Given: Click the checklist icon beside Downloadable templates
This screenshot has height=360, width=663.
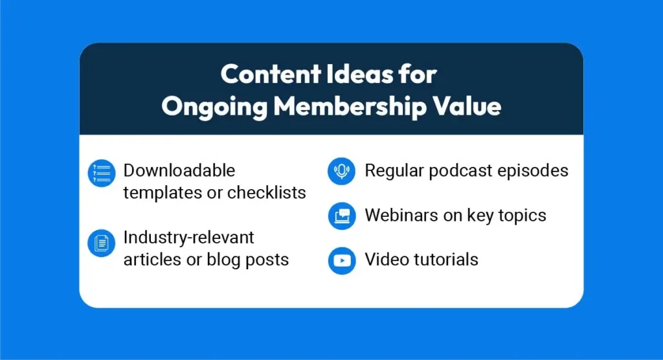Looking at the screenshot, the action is pos(102,173).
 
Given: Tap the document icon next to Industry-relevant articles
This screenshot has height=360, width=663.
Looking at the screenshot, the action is pos(102,243).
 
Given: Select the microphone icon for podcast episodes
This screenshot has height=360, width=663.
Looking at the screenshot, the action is pos(342,172).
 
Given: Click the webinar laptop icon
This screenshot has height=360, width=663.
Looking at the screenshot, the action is pos(342,216).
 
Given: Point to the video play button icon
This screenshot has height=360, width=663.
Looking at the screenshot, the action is pos(342,260).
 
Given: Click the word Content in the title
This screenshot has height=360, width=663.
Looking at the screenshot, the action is pos(271,74).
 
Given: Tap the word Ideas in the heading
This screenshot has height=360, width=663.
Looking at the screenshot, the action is pos(359,74).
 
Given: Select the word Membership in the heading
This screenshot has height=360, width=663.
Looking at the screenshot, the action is pos(350,106).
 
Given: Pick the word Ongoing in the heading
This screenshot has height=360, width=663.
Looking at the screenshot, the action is pos(214,107).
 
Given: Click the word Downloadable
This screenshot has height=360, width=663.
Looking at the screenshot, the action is pos(179,170).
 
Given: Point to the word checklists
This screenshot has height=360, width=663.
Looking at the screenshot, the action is pos(266,192).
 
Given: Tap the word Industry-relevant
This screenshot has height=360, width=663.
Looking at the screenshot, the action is pos(188,238).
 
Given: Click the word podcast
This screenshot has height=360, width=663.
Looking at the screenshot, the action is pos(460,172).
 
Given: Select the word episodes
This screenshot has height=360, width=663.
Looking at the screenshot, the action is pos(533,172).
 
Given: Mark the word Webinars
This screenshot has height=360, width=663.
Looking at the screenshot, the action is pos(401,216).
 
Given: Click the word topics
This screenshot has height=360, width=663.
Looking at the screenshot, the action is pos(523,216).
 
